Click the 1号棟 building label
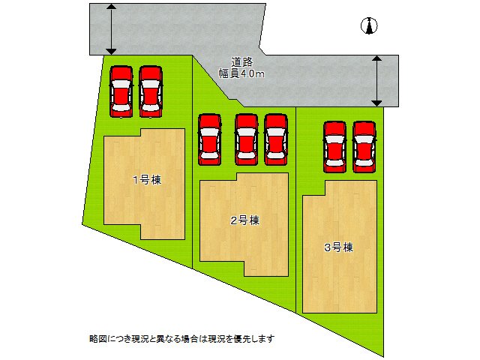tap(148, 180)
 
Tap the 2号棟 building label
tap(244, 220)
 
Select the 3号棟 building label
tap(339, 247)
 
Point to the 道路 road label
tap(241, 62)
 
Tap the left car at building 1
tap(121, 91)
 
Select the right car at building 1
tap(151, 91)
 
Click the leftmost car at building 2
tap(209, 139)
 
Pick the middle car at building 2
tap(246, 139)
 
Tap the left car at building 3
tap(334, 146)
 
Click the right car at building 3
tap(364, 146)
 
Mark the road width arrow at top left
tap(111, 28)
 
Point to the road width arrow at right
tap(377, 80)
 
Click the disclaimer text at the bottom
tap(181, 338)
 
